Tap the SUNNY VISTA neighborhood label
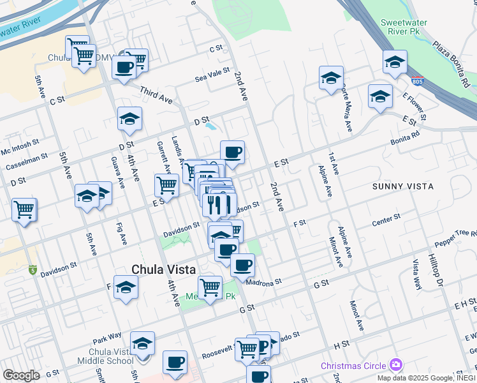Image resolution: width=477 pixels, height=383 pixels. pyautogui.click(x=403, y=186)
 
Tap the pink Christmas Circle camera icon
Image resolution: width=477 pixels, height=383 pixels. pyautogui.click(x=397, y=364)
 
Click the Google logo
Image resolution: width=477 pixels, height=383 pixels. pyautogui.click(x=21, y=375)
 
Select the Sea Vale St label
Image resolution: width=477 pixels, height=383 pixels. pyautogui.click(x=212, y=75)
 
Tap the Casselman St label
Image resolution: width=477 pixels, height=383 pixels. pyautogui.click(x=27, y=160)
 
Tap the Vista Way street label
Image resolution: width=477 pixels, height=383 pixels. pyautogui.click(x=416, y=274)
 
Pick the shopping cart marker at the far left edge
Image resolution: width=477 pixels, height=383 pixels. pyautogui.click(x=24, y=209)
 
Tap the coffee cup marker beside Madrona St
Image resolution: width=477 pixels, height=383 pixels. pyautogui.click(x=242, y=264)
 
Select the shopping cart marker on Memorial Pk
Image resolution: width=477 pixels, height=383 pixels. pyautogui.click(x=210, y=287)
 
